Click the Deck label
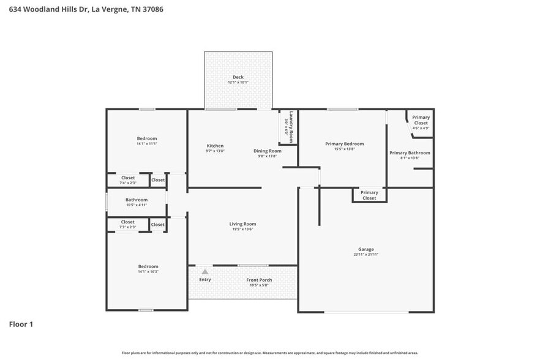(x=238, y=77)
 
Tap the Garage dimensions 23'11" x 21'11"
(x=366, y=255)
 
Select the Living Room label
(x=242, y=224)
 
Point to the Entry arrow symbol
(x=204, y=271)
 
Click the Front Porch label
(x=259, y=280)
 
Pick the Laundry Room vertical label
(x=291, y=127)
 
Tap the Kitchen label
(x=215, y=146)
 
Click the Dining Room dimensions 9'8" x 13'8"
(x=267, y=156)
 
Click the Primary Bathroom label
(x=410, y=153)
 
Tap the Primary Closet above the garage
(x=369, y=195)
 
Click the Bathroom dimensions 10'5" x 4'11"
(x=137, y=205)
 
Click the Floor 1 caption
(x=21, y=324)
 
